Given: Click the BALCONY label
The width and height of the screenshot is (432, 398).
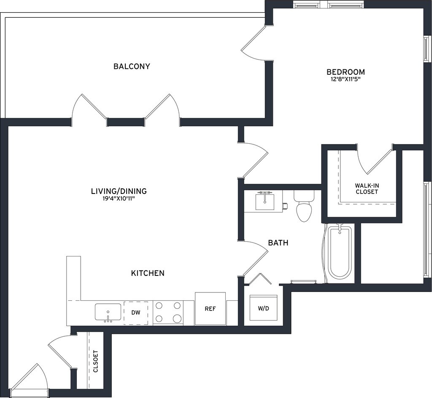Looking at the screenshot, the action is [x=132, y=66].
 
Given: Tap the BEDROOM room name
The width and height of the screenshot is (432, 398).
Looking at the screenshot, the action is [x=346, y=72].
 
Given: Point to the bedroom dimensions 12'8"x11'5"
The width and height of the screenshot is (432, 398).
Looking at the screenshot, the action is [x=346, y=79].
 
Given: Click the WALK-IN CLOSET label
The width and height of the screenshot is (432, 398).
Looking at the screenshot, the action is [x=367, y=188].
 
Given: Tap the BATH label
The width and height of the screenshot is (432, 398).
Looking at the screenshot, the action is [x=278, y=243].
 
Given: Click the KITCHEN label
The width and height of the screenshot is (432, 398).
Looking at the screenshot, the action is [x=148, y=273].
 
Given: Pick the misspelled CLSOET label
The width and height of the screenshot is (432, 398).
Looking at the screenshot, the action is [x=96, y=361].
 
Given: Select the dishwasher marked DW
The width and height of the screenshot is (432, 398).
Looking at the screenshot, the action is [x=136, y=313].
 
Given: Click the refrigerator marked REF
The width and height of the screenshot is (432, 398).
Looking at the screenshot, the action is [x=210, y=308].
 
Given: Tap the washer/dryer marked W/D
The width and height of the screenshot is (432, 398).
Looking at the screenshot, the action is [x=263, y=308].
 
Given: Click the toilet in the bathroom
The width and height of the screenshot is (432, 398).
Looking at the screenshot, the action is [x=304, y=206].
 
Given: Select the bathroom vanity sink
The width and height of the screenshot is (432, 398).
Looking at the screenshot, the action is [x=265, y=202].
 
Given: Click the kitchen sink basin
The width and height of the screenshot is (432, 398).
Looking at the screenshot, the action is [x=108, y=312].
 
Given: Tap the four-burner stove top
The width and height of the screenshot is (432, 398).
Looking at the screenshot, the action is [x=168, y=312].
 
